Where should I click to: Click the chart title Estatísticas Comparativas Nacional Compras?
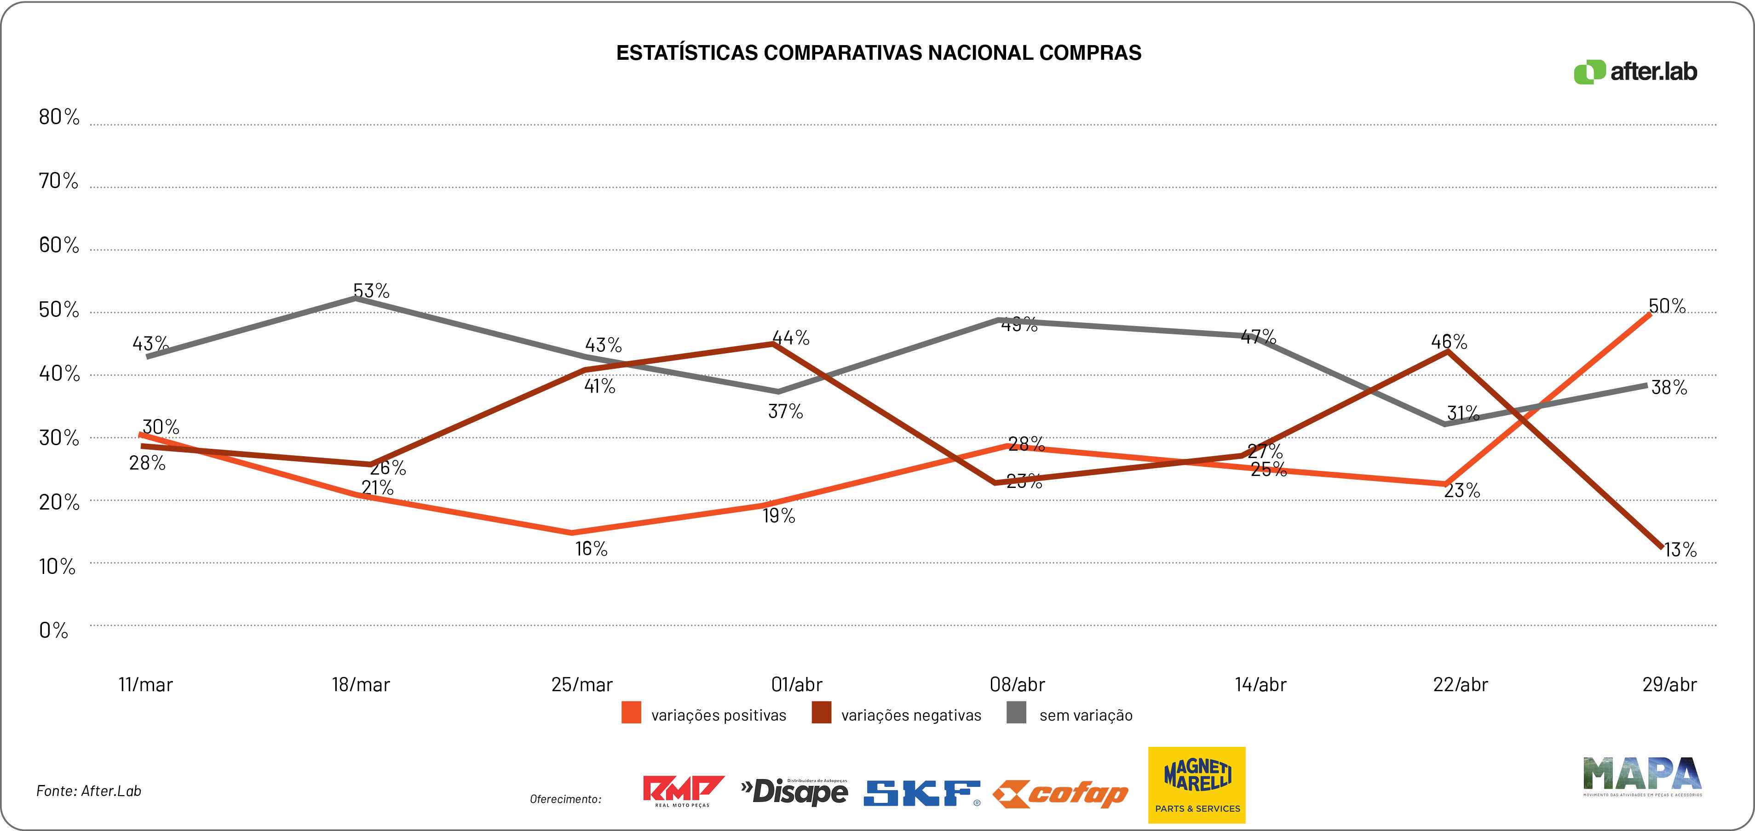878,53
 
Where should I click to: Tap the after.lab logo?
1635,72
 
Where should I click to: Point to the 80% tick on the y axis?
58,117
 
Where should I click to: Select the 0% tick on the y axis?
53,630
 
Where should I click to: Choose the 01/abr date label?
796,685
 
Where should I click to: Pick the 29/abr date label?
1669,685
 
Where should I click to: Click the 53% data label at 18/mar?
371,291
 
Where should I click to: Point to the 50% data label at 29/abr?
1667,307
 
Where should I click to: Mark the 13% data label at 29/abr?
1680,550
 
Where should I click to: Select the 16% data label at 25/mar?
591,548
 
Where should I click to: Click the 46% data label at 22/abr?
1449,341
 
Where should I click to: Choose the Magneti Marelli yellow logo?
1197,785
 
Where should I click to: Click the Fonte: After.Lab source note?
89,791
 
